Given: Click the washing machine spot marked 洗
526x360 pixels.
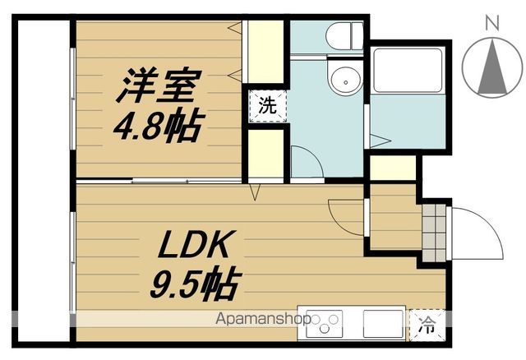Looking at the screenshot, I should click(267, 105).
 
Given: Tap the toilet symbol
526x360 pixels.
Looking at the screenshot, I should click(344, 35).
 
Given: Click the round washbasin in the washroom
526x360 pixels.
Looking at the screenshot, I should click(343, 81).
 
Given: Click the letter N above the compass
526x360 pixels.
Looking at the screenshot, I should click(491, 23).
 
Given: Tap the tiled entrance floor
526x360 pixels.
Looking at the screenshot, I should click(433, 229).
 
